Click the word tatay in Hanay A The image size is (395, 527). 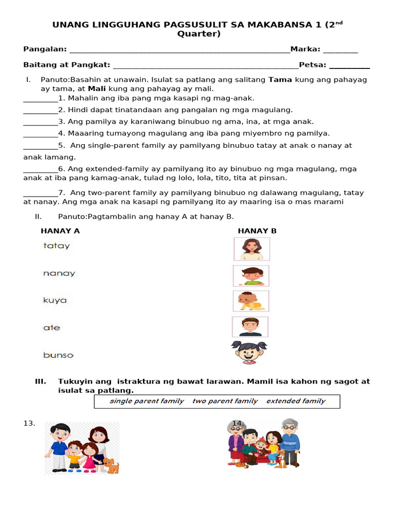pyautogui.click(x=57, y=246)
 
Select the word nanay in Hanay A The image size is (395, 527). pyautogui.click(x=59, y=274)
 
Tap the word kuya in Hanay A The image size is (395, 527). pyautogui.click(x=55, y=301)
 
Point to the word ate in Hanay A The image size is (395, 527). pyautogui.click(x=51, y=328)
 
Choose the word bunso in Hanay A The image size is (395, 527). pyautogui.click(x=58, y=355)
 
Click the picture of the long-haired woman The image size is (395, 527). pyautogui.click(x=252, y=249)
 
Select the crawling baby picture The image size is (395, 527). pyautogui.click(x=250, y=301)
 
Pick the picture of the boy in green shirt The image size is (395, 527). pyautogui.click(x=251, y=276)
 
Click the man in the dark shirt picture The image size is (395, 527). pyautogui.click(x=250, y=327)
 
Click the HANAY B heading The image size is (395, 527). pyautogui.click(x=257, y=231)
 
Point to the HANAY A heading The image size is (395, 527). pyautogui.click(x=60, y=231)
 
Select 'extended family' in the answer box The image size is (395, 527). pyautogui.click(x=296, y=401)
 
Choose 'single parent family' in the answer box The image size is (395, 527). pyautogui.click(x=147, y=401)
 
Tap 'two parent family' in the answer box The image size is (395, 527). pyautogui.click(x=225, y=401)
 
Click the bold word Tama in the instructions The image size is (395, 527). pyautogui.click(x=280, y=80)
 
